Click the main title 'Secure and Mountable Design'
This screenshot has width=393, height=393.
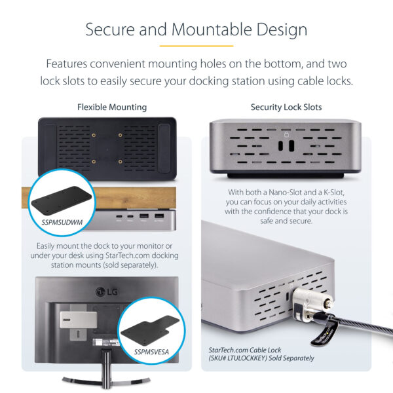click(196, 29)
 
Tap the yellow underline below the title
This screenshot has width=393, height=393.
click(196, 47)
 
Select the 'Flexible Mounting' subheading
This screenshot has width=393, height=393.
click(112, 107)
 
